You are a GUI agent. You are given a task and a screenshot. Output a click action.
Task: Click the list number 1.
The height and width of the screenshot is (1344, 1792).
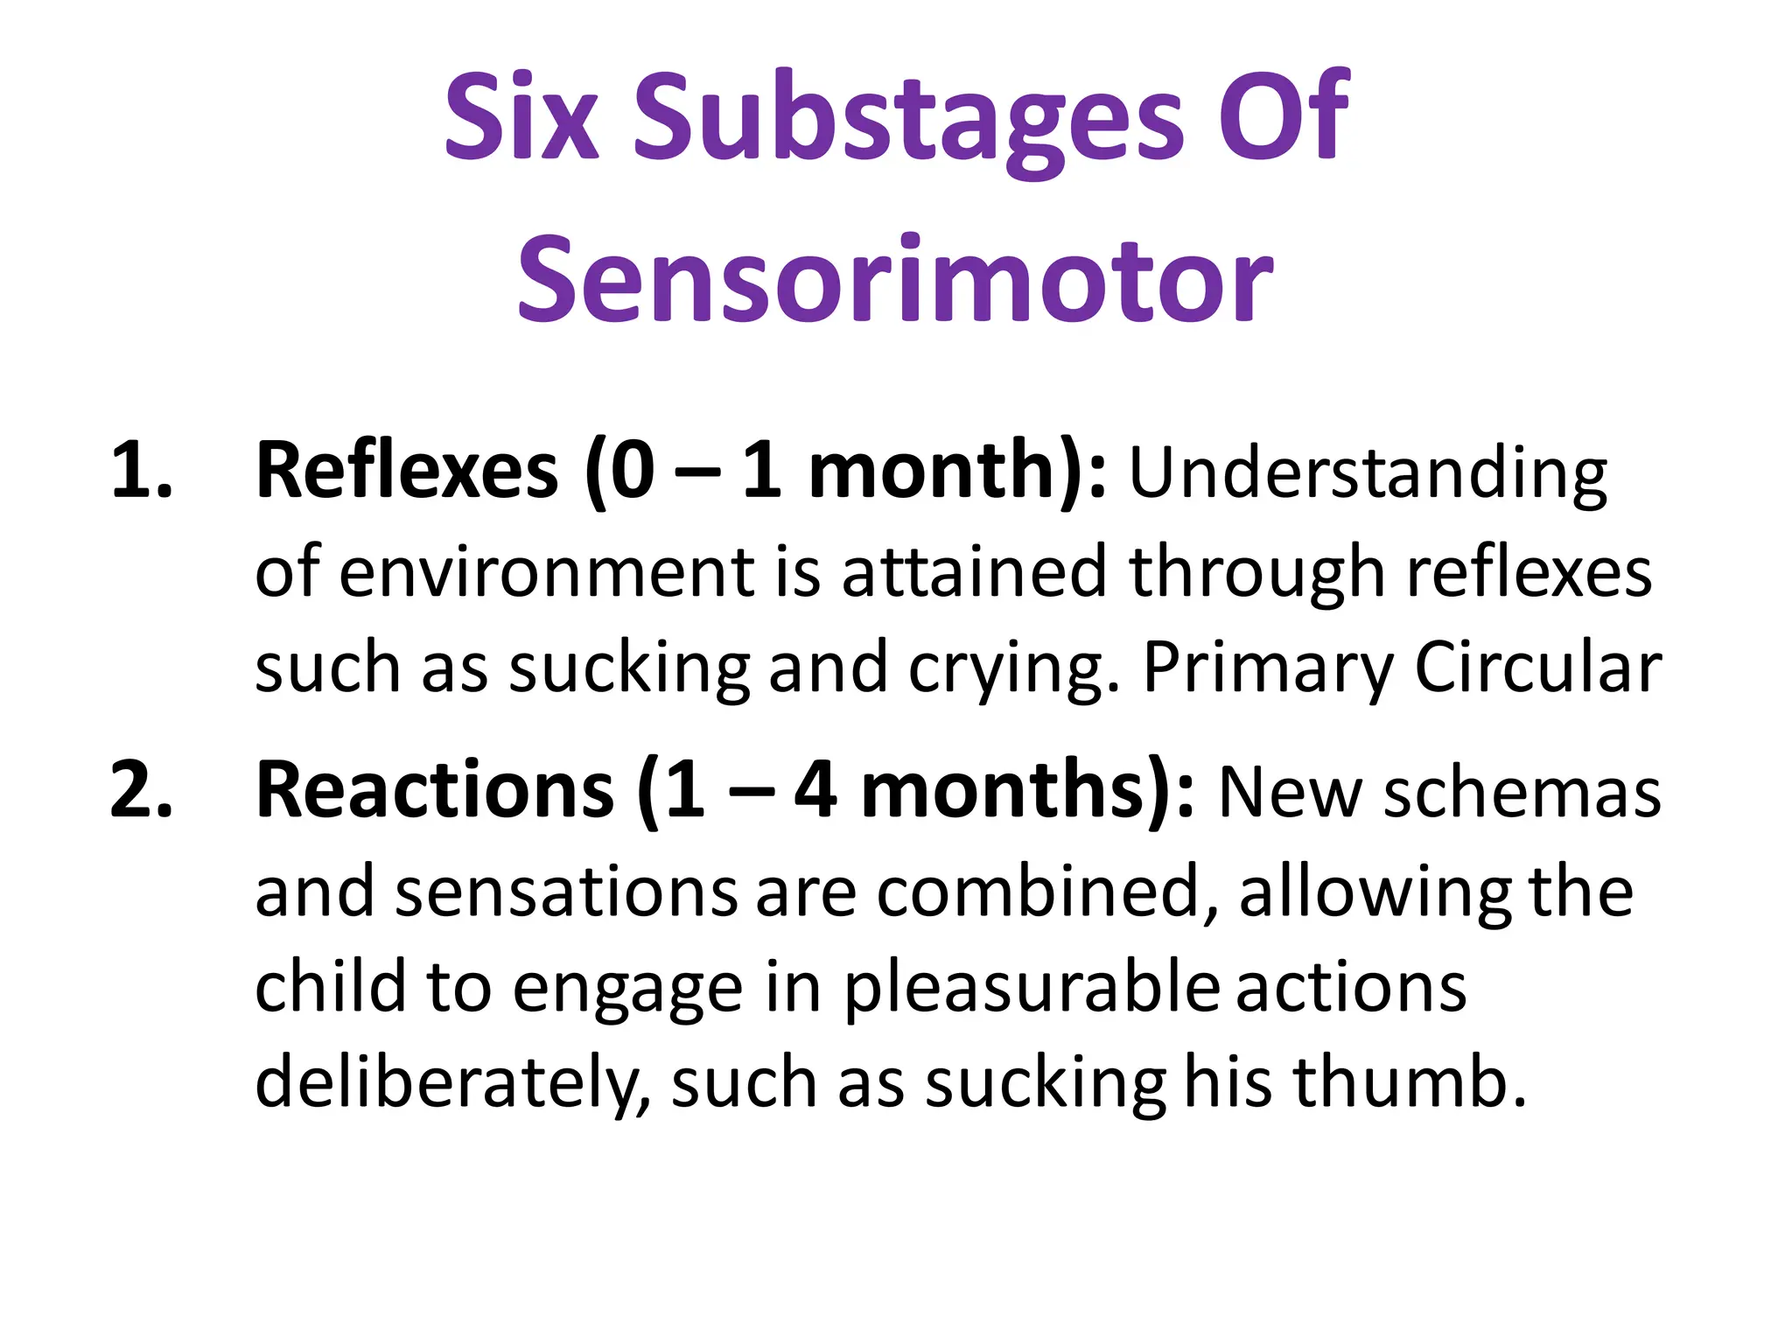[x=140, y=471]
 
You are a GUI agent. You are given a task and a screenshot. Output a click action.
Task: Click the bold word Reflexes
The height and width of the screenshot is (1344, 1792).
[x=406, y=471]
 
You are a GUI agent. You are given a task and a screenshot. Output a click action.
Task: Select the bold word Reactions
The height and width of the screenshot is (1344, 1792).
[x=435, y=790]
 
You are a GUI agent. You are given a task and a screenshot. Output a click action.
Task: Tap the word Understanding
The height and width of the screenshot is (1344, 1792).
[x=1368, y=475]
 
